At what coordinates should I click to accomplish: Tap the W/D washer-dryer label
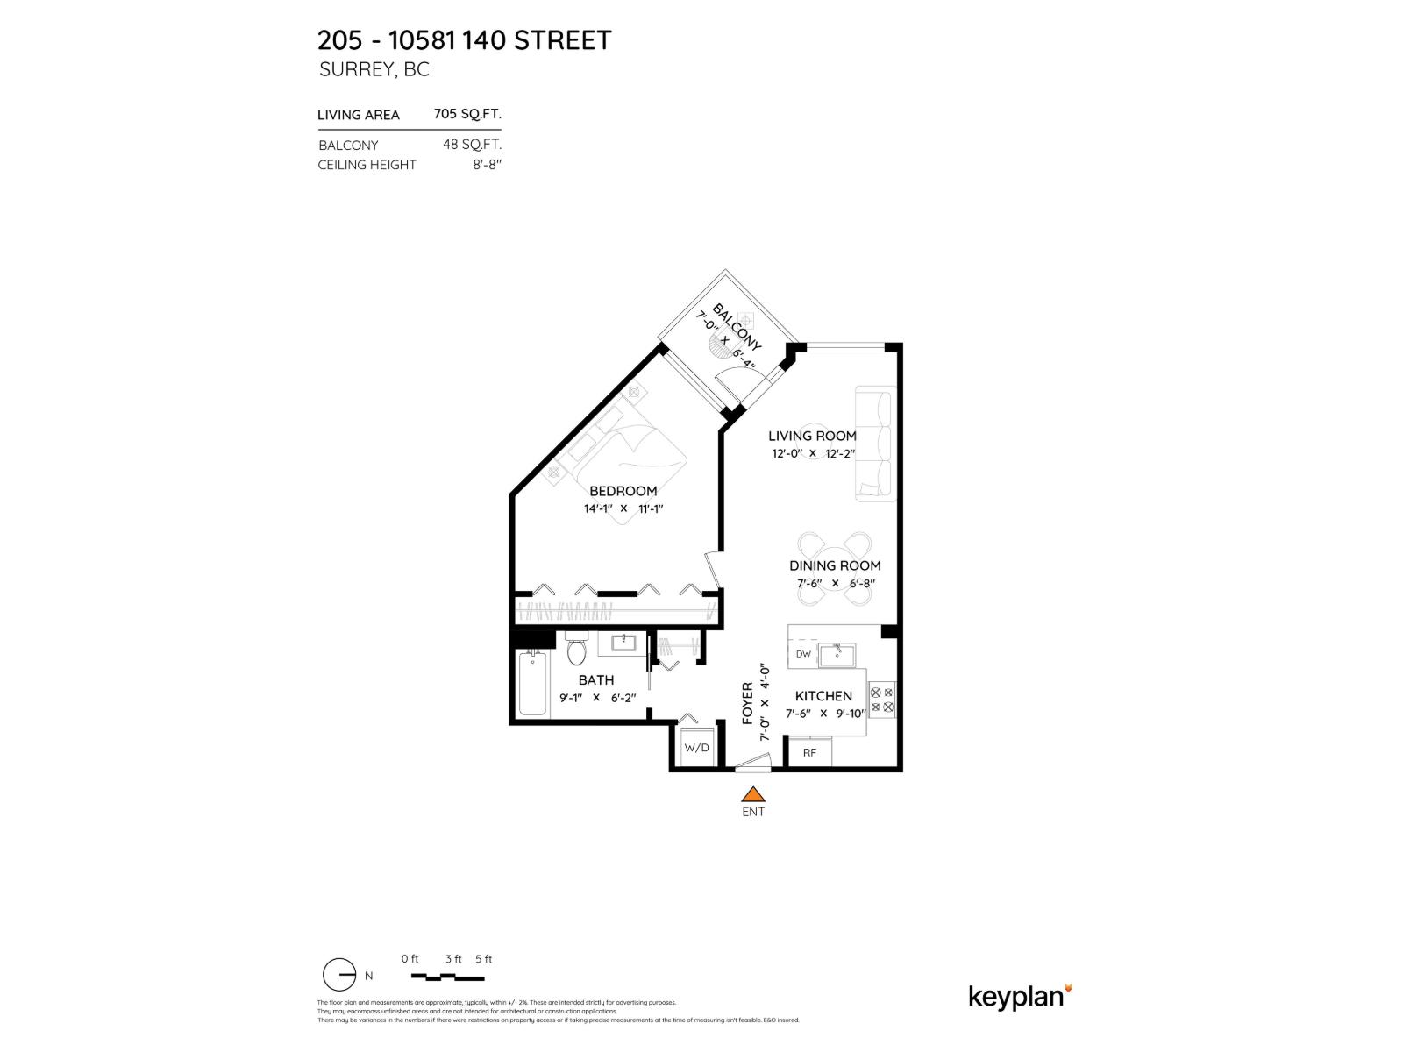(696, 748)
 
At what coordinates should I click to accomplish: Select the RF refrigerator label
(809, 752)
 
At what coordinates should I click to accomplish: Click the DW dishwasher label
(803, 654)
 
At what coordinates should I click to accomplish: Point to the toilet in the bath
(576, 651)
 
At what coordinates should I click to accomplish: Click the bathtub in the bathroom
(532, 684)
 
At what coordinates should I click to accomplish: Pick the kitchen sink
(837, 655)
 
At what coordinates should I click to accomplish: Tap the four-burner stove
(881, 699)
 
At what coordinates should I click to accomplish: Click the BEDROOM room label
(623, 491)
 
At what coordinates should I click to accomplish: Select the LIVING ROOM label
(812, 436)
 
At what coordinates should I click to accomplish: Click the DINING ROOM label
(835, 565)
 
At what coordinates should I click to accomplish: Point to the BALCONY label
(737, 326)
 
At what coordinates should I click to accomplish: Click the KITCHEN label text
(824, 696)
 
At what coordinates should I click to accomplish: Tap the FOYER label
(748, 703)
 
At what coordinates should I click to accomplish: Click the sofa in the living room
(875, 444)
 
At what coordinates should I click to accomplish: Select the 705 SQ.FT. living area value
(467, 114)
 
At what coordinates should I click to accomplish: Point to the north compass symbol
(339, 975)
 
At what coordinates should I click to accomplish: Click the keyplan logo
(1020, 997)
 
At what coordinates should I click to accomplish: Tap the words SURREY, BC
(374, 70)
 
